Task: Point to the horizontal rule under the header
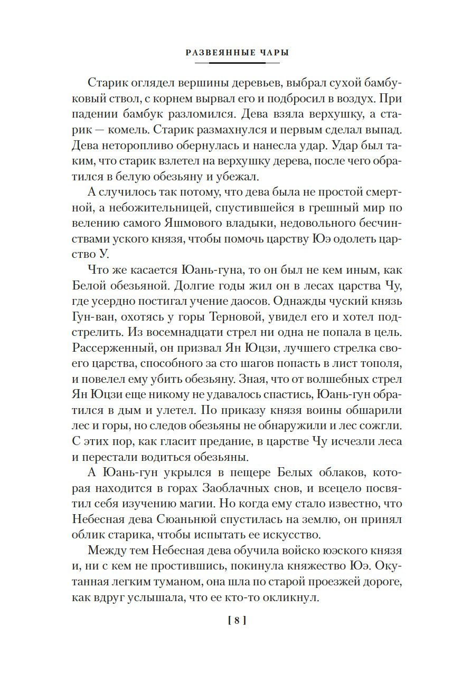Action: point(237,63)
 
